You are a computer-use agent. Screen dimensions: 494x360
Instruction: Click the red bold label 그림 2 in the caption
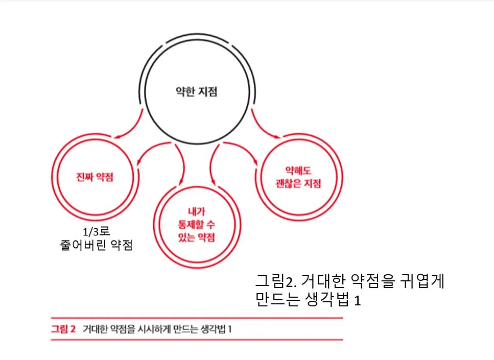click(x=63, y=329)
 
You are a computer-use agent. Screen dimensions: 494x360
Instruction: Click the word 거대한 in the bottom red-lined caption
click(x=95, y=329)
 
